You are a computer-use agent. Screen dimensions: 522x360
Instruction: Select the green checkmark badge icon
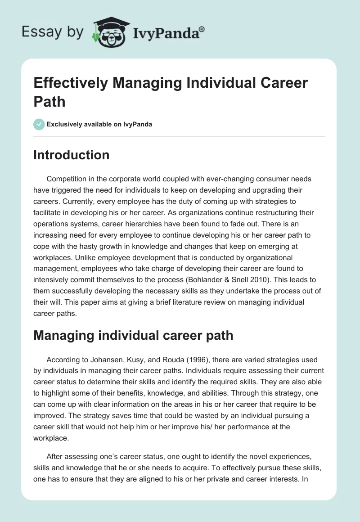(39, 124)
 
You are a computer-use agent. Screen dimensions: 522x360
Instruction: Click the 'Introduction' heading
(71, 155)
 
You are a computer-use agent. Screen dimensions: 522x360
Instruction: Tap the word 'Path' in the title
(49, 101)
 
